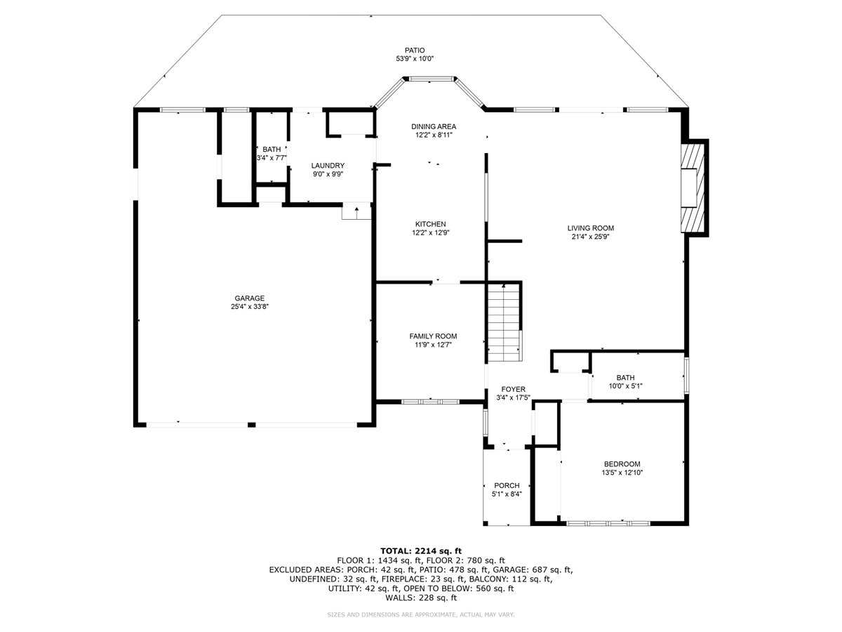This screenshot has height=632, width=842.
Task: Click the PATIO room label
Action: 415,51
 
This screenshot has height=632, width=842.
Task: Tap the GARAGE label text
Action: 249,298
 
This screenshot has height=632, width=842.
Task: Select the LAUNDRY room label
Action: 328,166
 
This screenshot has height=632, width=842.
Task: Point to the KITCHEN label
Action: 430,224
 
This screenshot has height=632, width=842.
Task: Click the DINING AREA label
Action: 434,126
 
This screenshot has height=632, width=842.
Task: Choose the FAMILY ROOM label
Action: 433,336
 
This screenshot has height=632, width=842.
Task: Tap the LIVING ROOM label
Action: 591,228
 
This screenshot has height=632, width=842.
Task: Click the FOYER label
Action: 513,390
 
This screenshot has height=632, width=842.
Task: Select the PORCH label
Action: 507,485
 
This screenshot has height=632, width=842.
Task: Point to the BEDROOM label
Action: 622,464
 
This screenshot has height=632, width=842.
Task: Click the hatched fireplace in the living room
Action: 693,188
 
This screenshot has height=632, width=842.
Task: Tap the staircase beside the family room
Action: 504,323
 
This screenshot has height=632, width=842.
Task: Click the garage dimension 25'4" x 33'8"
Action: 249,307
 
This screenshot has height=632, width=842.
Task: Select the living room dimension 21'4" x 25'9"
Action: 590,237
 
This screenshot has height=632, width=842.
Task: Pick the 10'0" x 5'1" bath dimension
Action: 626,386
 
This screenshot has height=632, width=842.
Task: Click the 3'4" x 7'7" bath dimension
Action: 272,158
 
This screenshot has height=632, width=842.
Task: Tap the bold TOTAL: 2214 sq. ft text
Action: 421,551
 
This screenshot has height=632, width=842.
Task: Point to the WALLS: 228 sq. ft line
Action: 421,598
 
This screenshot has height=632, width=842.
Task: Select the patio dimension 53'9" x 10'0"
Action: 415,59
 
